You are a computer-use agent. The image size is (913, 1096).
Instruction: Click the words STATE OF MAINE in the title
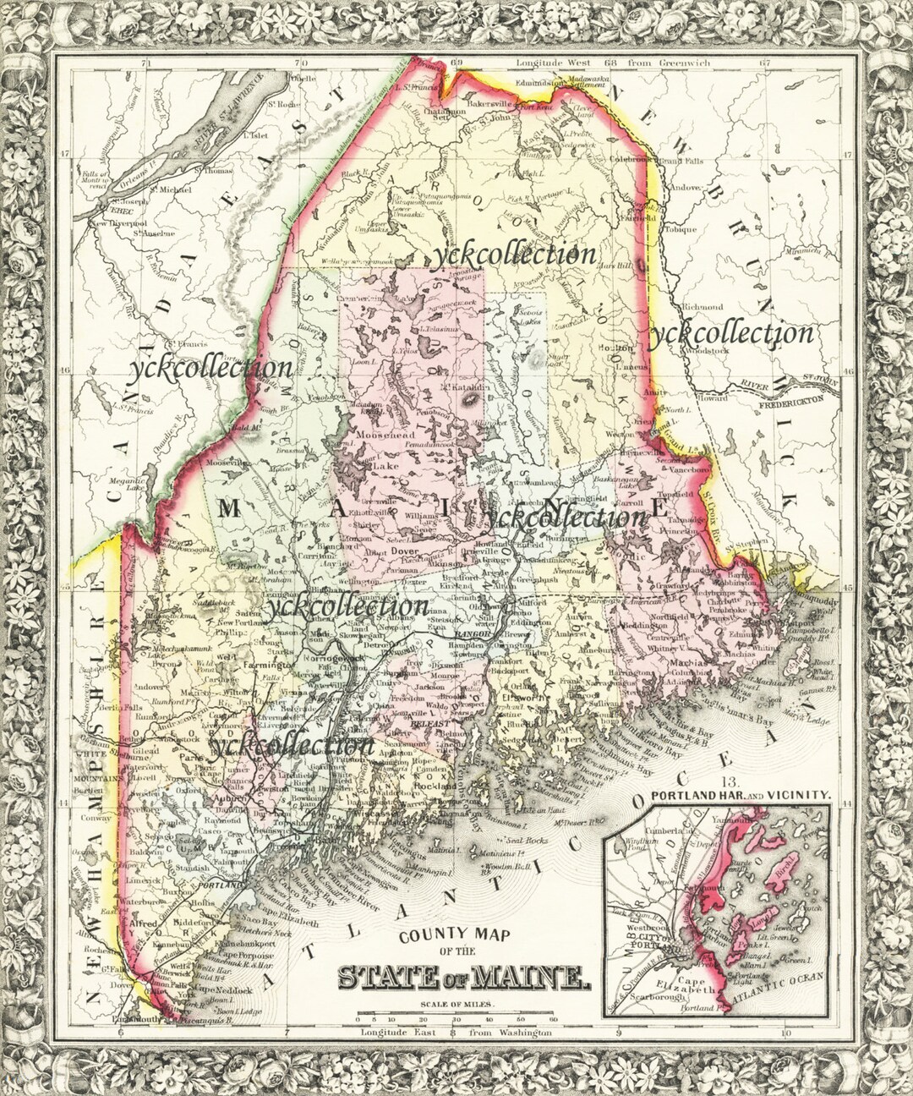[x=463, y=978]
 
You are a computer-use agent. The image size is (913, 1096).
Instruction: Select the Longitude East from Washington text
[x=456, y=1033]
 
